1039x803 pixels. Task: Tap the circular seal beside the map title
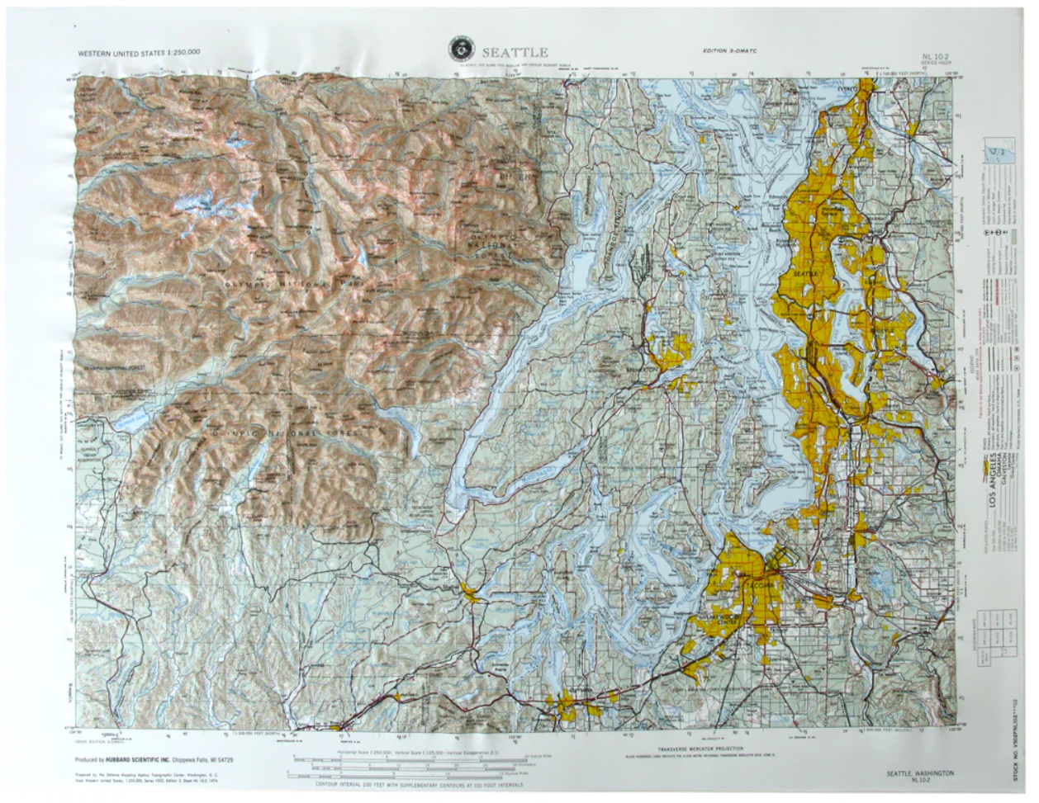pyautogui.click(x=454, y=49)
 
